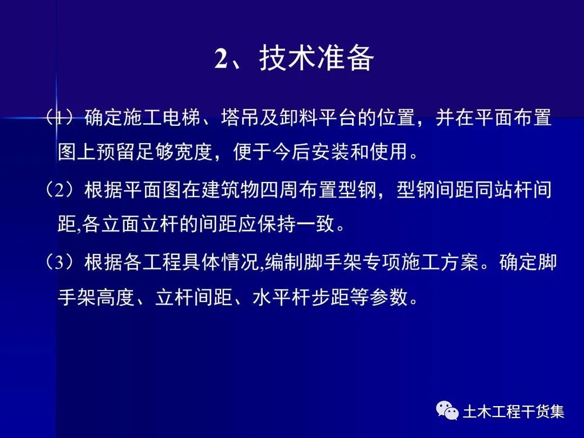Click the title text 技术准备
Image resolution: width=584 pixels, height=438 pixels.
(316, 58)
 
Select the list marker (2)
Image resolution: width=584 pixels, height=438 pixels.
(61, 190)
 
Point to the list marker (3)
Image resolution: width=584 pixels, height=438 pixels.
(61, 262)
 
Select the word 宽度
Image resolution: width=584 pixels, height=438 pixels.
(192, 152)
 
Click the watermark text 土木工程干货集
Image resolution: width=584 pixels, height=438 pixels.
(513, 412)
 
